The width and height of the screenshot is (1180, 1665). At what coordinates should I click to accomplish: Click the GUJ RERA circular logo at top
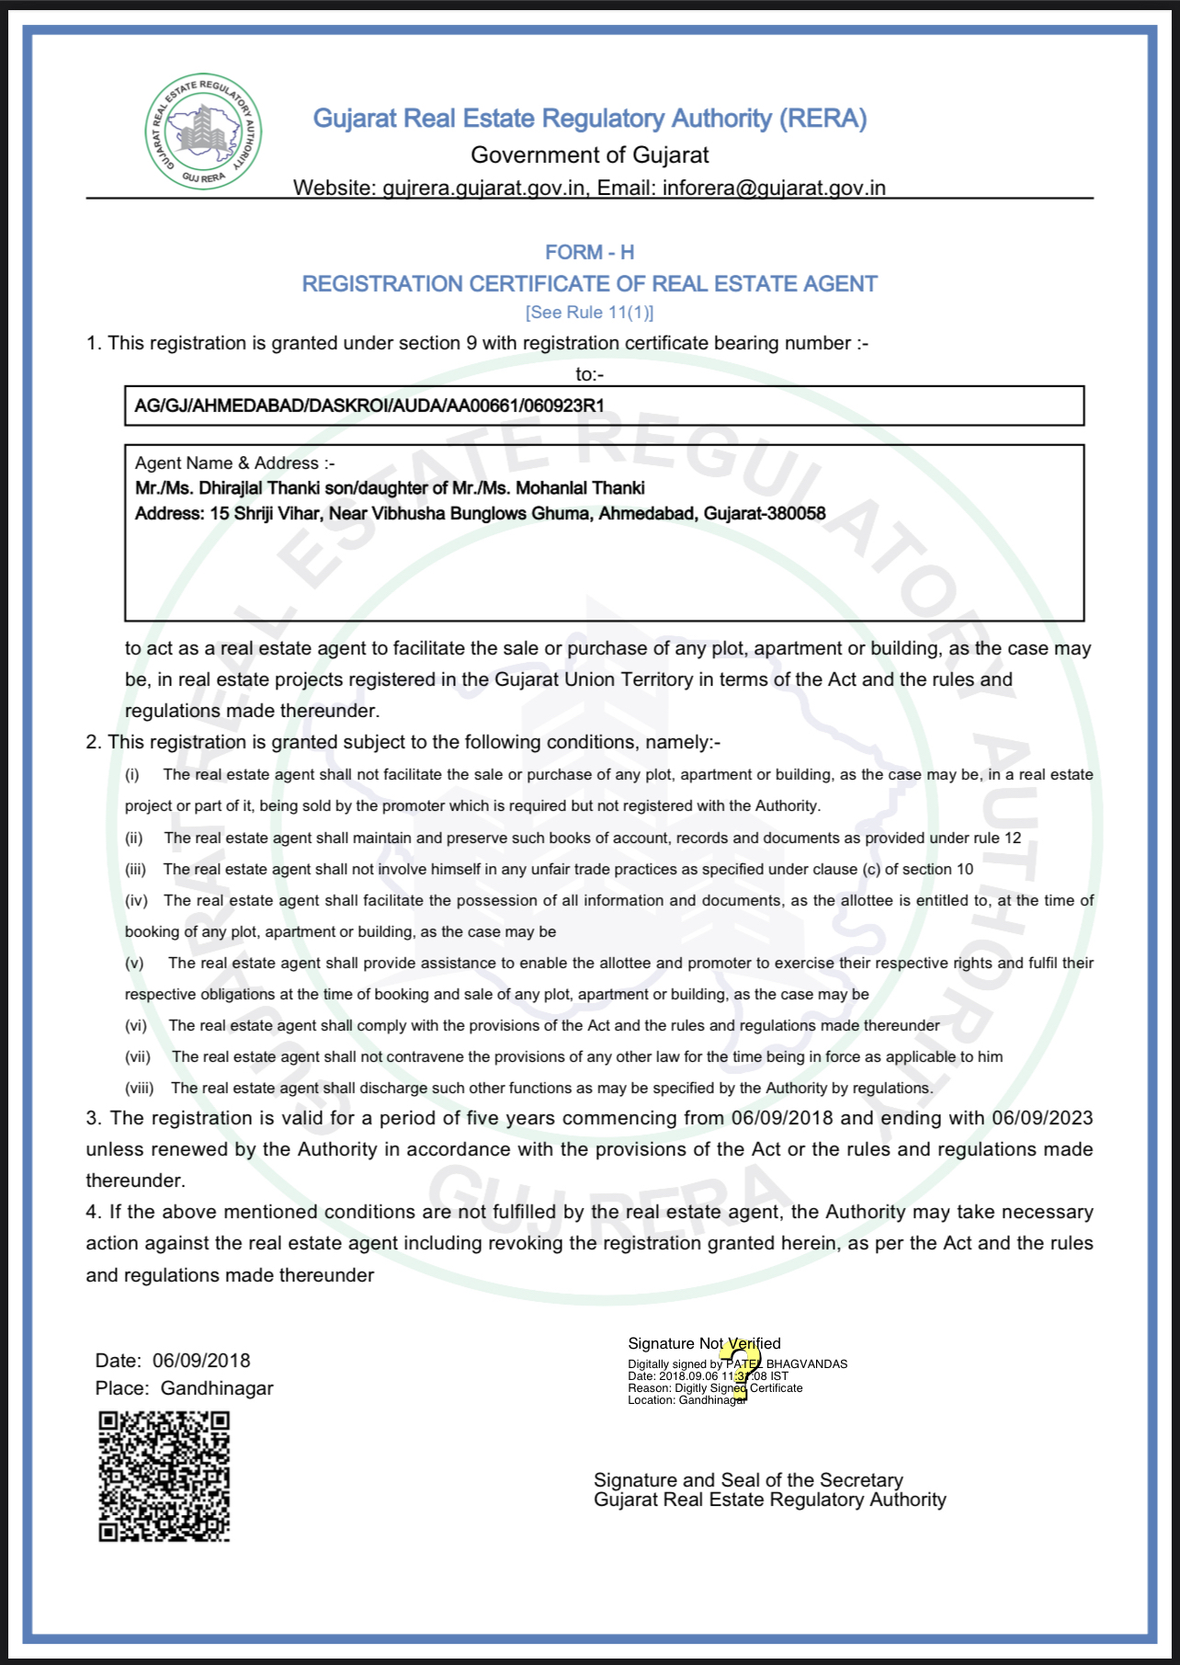pos(203,131)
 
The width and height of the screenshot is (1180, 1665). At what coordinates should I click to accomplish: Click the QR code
pos(165,1477)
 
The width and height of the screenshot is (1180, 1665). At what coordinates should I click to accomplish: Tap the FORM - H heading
pos(589,252)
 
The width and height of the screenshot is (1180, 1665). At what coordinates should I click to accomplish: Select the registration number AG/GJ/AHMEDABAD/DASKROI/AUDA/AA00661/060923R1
pos(369,405)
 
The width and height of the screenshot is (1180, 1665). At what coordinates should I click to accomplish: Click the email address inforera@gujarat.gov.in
pos(774,188)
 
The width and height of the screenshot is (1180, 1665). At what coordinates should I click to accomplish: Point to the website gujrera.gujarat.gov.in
pos(483,188)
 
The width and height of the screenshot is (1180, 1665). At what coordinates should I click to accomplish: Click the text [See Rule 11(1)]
pos(589,313)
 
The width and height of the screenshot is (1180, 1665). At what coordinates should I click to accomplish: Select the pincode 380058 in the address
pos(795,513)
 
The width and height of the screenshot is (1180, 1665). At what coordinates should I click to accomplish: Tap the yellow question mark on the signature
pos(741,1369)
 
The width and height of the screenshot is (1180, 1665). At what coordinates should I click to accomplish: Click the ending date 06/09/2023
pos(1042,1118)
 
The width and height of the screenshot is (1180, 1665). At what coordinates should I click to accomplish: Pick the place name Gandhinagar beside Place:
pos(217,1388)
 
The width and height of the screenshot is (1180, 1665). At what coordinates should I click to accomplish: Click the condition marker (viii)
pos(140,1088)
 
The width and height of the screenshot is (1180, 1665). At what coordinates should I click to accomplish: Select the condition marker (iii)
pos(136,869)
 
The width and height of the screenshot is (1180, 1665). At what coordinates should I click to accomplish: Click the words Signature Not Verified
pos(704,1343)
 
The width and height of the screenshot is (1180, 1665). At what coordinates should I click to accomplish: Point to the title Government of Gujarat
pos(589,154)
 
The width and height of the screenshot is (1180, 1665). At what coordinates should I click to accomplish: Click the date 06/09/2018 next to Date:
pos(201,1361)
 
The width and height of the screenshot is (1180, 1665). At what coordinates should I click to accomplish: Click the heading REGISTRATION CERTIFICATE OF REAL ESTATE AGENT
pos(589,284)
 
